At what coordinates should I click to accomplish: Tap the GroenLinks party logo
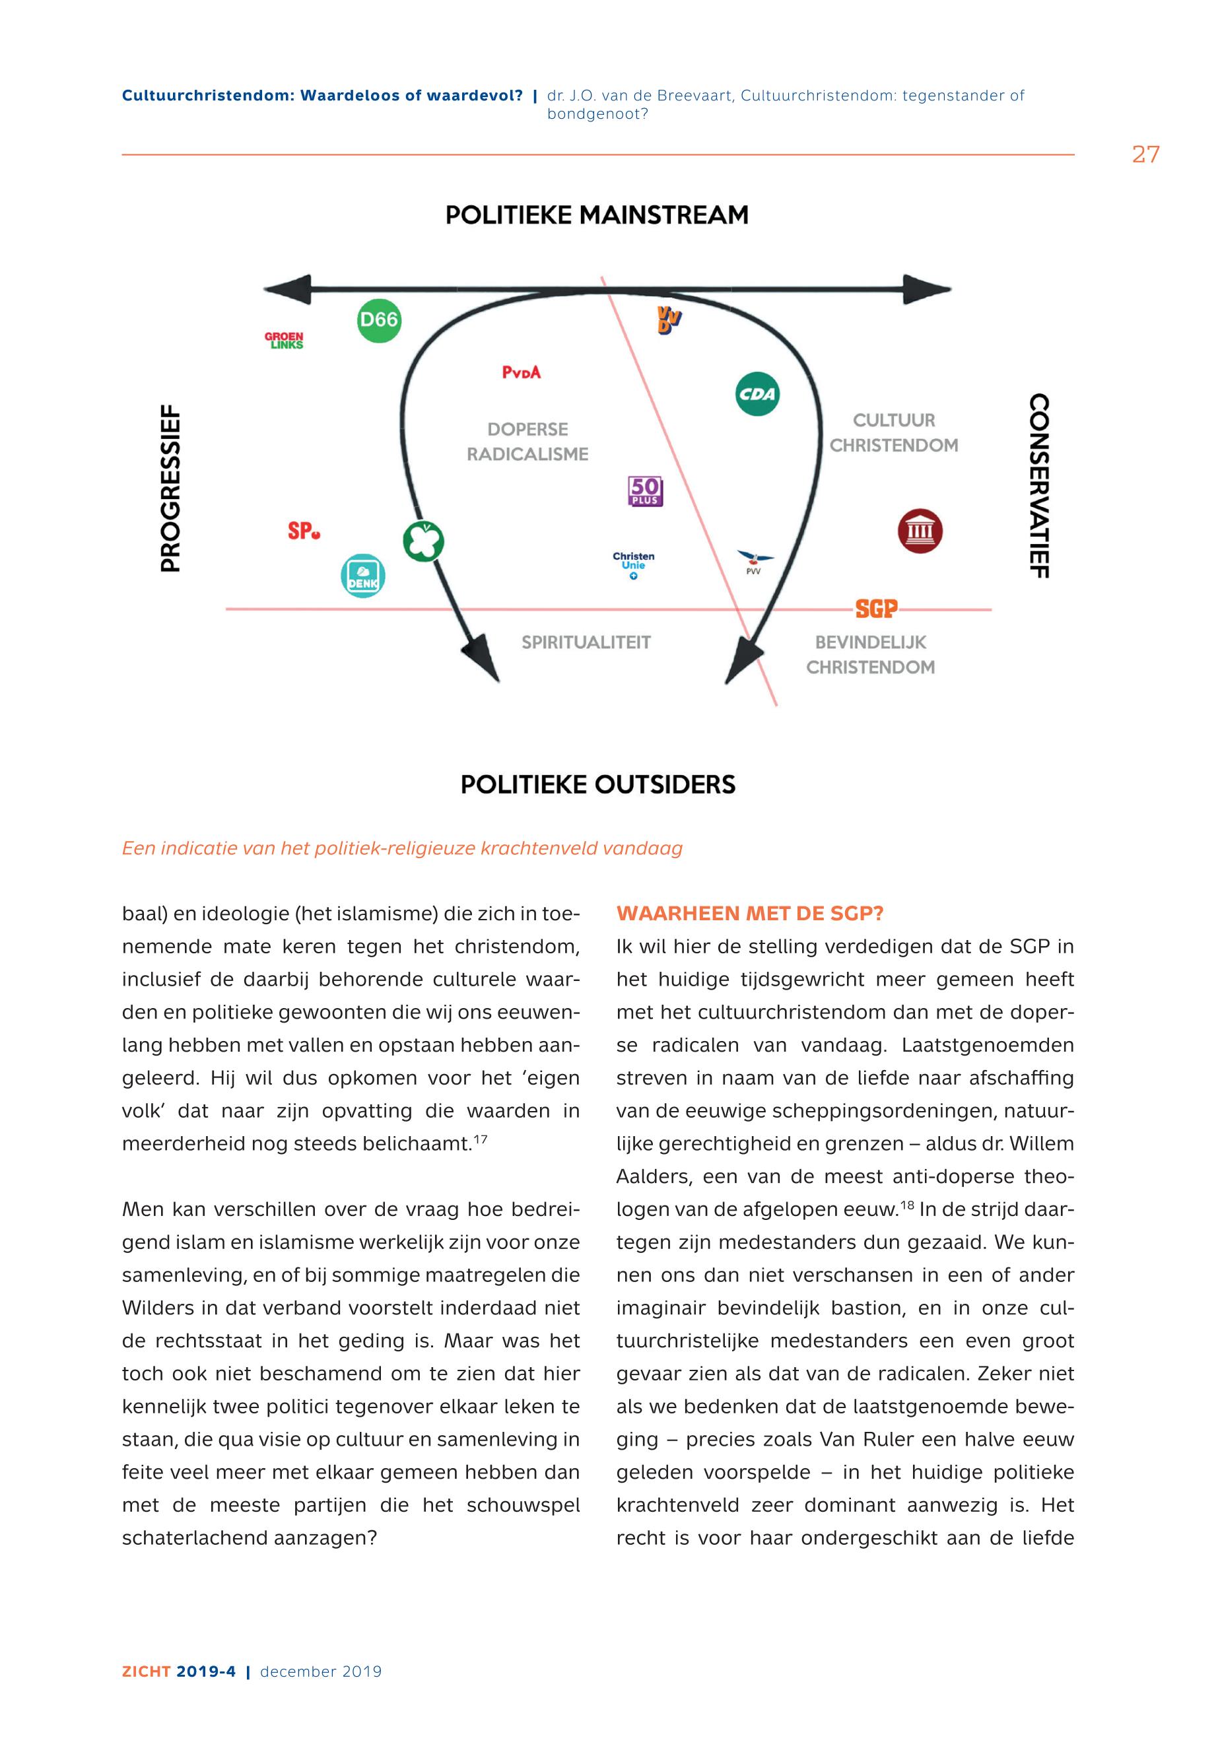coord(284,341)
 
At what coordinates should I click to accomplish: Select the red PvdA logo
coord(522,372)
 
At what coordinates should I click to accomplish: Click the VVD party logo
coord(669,319)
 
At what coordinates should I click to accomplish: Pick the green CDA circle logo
coord(757,394)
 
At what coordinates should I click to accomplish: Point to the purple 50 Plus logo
coord(646,491)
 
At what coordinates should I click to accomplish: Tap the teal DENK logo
coord(362,576)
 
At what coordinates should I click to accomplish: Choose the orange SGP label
coord(876,609)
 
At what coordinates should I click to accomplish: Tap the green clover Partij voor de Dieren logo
coord(424,541)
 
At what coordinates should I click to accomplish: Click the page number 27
coord(1145,155)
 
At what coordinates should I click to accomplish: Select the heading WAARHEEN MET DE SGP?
coord(749,914)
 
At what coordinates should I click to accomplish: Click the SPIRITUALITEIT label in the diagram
coord(586,642)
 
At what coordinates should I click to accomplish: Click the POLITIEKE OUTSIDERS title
coord(597,784)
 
